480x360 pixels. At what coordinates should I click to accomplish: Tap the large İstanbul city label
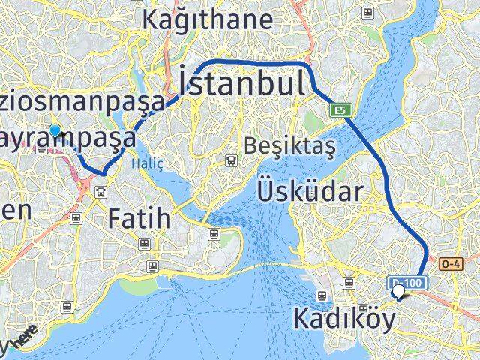pos(241,81)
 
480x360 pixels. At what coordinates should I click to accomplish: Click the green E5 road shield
pos(340,110)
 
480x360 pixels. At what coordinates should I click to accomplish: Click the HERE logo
pos(22,339)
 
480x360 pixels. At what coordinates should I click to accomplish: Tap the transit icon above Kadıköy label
pos(349,283)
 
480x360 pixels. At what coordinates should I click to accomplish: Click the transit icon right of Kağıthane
pos(367,13)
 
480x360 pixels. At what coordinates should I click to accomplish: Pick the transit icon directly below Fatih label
pos(143,243)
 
